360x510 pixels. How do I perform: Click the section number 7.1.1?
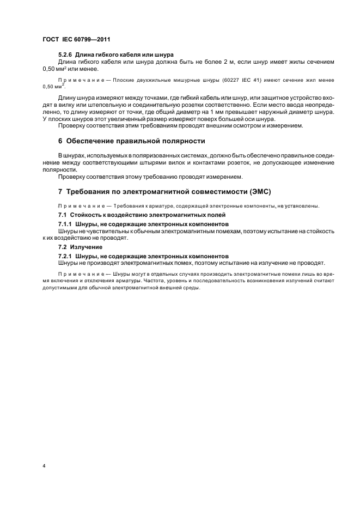68,224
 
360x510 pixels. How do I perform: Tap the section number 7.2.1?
68,256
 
